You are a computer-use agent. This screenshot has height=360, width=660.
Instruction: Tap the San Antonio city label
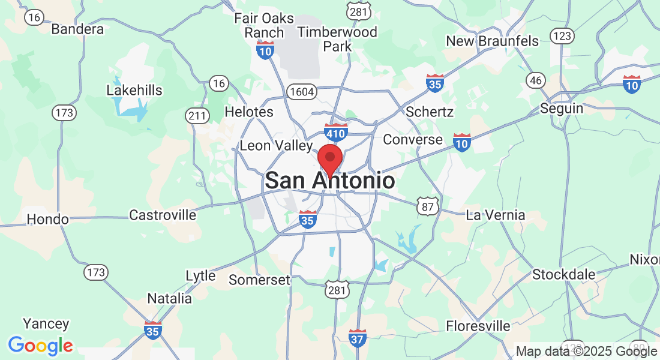click(330, 181)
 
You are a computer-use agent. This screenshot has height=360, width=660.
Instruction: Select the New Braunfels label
click(493, 41)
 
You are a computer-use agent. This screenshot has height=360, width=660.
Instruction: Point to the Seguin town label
click(561, 109)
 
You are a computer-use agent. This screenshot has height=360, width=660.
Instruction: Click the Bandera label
click(77, 29)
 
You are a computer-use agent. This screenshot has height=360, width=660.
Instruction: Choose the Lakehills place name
click(134, 90)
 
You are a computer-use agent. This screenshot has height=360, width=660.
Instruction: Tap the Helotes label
click(248, 112)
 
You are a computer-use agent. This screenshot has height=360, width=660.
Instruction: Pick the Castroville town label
click(163, 215)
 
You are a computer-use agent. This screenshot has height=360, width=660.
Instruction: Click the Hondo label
click(48, 220)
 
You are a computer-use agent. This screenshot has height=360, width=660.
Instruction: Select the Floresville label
click(478, 326)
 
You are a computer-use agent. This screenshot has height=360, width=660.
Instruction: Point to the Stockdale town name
click(564, 275)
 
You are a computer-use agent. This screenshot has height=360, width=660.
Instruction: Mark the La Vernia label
click(496, 215)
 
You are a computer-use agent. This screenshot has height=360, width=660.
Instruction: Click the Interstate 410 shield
click(335, 133)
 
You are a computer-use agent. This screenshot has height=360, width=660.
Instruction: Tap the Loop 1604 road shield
click(299, 92)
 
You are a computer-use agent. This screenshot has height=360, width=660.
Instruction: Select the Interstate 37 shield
click(358, 337)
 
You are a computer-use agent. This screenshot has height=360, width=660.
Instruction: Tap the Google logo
click(40, 346)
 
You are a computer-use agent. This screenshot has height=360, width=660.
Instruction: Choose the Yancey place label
click(46, 324)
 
